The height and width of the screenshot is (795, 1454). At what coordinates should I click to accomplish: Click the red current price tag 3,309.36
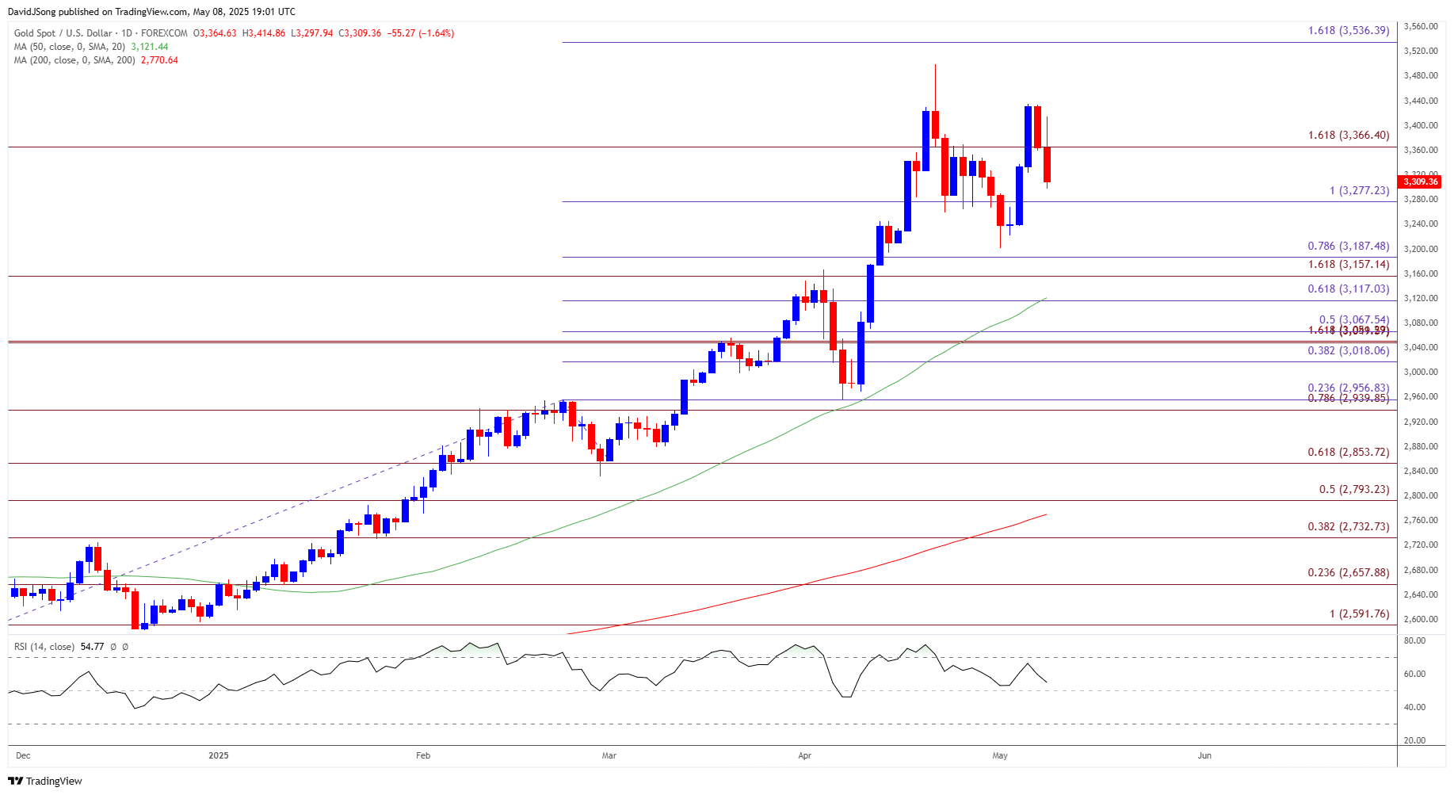[x=1420, y=182]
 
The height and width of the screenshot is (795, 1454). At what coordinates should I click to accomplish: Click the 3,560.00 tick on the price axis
[x=1420, y=26]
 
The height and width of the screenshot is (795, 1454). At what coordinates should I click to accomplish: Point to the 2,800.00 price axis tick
[x=1420, y=495]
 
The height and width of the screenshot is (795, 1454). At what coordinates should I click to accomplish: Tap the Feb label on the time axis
[x=423, y=755]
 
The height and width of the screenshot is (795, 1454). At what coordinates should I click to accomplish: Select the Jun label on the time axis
[x=1204, y=755]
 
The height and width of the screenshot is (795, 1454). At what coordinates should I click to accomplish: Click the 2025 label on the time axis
[x=219, y=755]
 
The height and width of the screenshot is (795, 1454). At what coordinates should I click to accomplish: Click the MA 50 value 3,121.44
[x=150, y=47]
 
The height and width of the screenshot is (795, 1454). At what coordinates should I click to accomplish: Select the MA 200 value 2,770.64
[x=159, y=60]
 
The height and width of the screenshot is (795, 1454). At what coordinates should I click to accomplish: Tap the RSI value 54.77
[x=92, y=647]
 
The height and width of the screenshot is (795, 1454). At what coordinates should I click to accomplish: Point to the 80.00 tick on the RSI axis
[x=1415, y=640]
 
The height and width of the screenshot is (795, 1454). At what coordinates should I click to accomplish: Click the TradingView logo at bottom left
[x=45, y=781]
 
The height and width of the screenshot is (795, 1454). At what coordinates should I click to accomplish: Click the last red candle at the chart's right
[x=1047, y=164]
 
